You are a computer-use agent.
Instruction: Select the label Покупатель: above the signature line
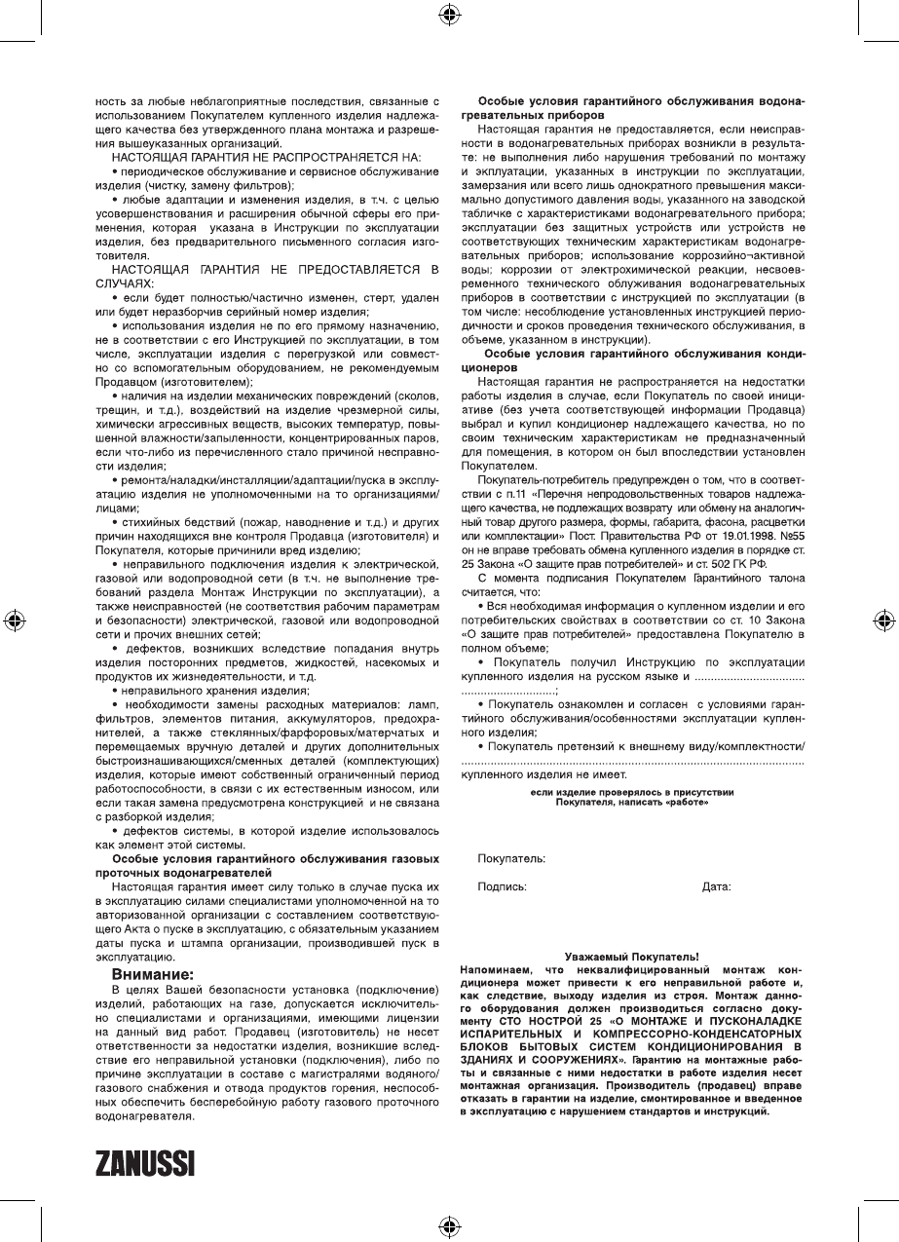510,859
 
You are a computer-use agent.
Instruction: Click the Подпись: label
502,887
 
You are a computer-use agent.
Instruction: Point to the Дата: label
716,887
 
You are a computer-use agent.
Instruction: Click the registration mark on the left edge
14,621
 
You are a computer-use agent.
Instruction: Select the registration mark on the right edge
884,621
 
